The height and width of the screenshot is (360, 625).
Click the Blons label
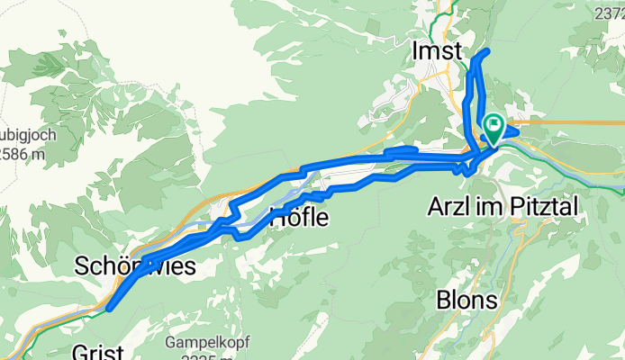(467, 298)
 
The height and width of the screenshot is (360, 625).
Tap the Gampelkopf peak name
(199, 342)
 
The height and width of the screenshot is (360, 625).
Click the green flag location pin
(494, 128)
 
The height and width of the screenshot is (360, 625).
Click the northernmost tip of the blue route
(487, 52)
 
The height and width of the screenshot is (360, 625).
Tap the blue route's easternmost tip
(519, 131)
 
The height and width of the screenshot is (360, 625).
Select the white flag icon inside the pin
(494, 125)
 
